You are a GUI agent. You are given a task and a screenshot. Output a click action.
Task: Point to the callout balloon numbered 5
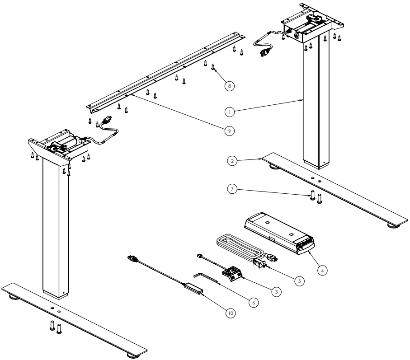coord(297,280)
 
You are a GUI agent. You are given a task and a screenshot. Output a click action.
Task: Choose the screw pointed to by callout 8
coord(213,68)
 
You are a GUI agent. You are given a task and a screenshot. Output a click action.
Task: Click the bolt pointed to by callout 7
coord(311,195)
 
